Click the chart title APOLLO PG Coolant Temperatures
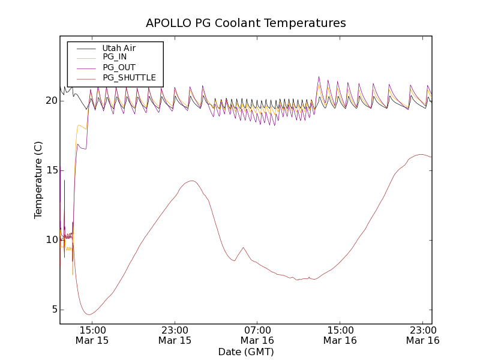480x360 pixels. [x=246, y=23]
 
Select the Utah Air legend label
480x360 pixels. [x=119, y=48]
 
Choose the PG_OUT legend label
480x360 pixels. [x=119, y=68]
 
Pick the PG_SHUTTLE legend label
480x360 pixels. [x=129, y=78]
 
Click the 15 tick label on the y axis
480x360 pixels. [x=51, y=170]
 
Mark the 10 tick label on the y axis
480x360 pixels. [x=51, y=240]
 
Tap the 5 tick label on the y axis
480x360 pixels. [x=53, y=310]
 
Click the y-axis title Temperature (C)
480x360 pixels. [x=38, y=180]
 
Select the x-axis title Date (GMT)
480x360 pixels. [x=246, y=352]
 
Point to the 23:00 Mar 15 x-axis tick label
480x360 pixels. [x=175, y=335]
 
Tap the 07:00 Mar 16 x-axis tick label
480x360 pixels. [x=257, y=335]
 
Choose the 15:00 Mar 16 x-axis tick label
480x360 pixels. [x=340, y=335]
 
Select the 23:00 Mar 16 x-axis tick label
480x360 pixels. [x=422, y=335]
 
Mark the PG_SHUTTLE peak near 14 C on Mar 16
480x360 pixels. [x=192, y=181]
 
